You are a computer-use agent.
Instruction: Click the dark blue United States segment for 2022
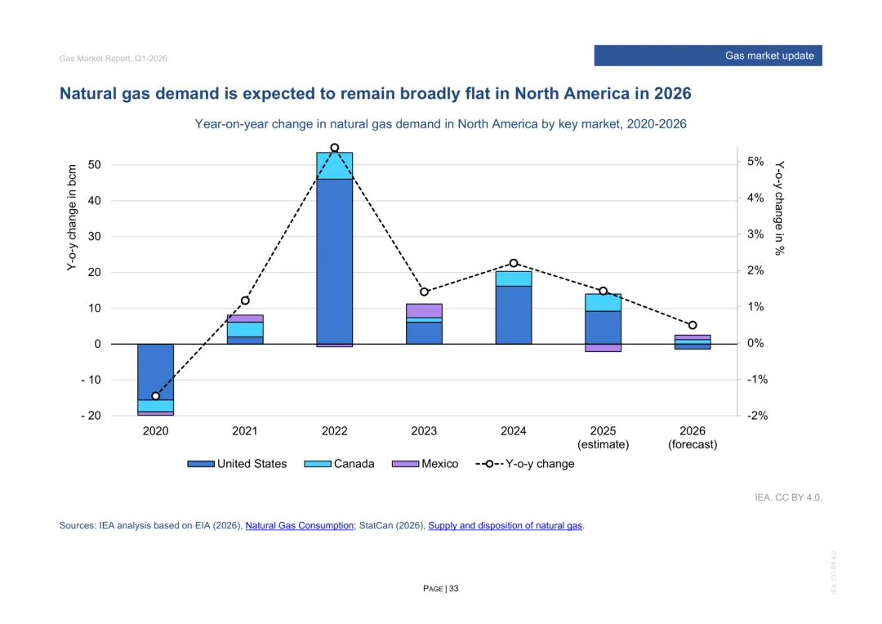click(x=334, y=261)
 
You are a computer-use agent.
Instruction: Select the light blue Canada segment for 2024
click(x=513, y=279)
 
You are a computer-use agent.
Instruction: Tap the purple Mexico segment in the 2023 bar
click(x=424, y=310)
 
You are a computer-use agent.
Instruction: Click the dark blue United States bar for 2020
click(x=155, y=372)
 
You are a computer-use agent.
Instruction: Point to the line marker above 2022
click(x=334, y=148)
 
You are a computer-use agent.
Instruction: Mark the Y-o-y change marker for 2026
click(x=693, y=325)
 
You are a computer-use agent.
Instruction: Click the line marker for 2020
click(x=155, y=396)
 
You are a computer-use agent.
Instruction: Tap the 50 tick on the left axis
click(x=95, y=165)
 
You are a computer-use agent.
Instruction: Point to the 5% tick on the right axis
click(x=755, y=162)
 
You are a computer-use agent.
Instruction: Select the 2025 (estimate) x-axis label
click(x=603, y=438)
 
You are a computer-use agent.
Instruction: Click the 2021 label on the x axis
click(x=245, y=431)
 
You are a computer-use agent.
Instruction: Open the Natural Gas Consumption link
click(x=300, y=526)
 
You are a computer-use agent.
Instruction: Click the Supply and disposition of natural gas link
click(x=505, y=526)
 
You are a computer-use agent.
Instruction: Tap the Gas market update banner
click(x=707, y=56)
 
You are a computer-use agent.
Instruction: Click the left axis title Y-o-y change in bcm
click(x=73, y=218)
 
